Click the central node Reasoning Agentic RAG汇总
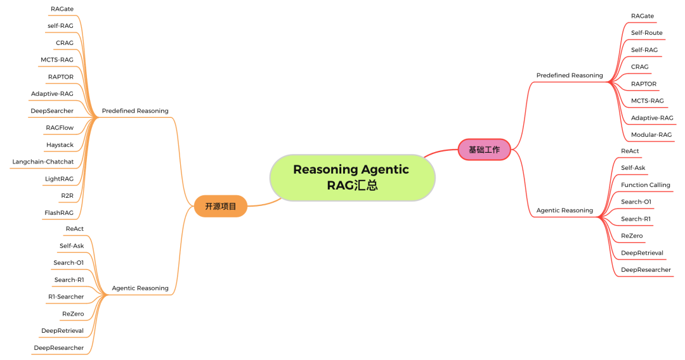click(352, 177)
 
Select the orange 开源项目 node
click(220, 206)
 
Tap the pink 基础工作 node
click(484, 150)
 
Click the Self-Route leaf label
click(646, 33)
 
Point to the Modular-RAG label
click(651, 135)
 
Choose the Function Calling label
click(645, 185)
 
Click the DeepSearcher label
click(52, 111)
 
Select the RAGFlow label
click(60, 128)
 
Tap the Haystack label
click(60, 145)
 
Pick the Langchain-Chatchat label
click(43, 162)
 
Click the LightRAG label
click(59, 179)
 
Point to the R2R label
click(67, 196)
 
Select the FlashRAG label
click(59, 213)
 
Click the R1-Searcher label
click(66, 297)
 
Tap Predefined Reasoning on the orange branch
click(135, 111)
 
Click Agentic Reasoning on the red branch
click(564, 210)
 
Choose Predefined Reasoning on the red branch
click(570, 75)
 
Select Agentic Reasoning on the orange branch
click(140, 288)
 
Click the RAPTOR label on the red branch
click(643, 84)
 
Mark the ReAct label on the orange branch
click(74, 229)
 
